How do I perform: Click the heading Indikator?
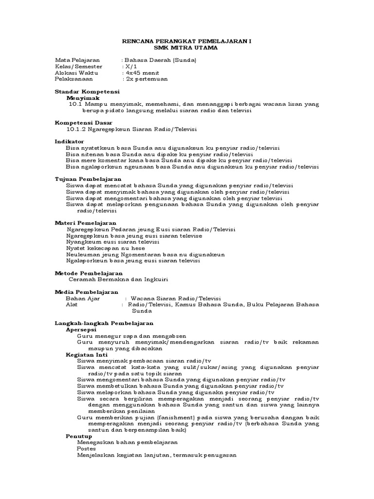69,141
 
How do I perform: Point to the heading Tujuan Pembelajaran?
88,179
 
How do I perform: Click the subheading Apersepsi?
81,329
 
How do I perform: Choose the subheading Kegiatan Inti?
86,355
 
